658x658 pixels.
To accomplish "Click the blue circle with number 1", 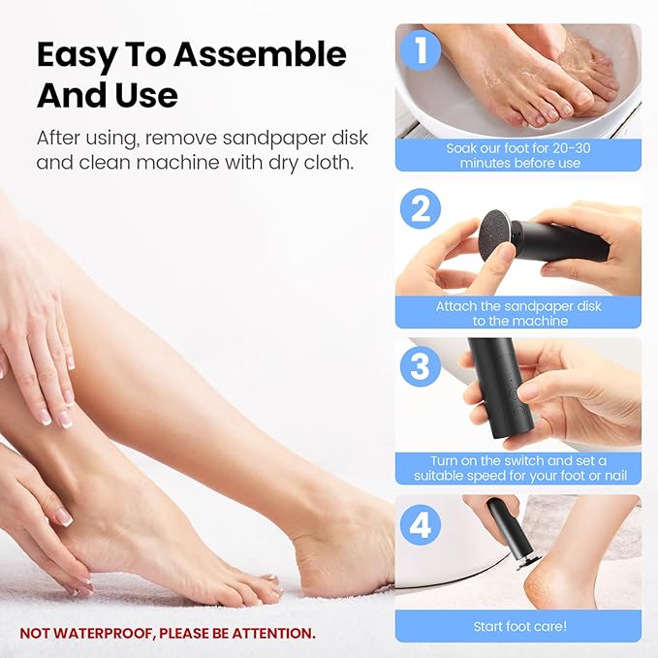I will pyautogui.click(x=420, y=50).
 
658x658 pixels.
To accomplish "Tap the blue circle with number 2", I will pyautogui.click(x=420, y=207).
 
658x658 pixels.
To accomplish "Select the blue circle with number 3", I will pyautogui.click(x=420, y=365).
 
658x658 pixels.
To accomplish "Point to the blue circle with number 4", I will pyautogui.click(x=420, y=524).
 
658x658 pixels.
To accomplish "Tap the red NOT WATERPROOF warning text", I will pyautogui.click(x=168, y=633).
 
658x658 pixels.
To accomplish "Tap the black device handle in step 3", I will pyautogui.click(x=493, y=388).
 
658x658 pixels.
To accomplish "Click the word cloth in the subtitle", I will pyautogui.click(x=324, y=162).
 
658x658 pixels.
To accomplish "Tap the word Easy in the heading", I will pyautogui.click(x=78, y=54).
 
